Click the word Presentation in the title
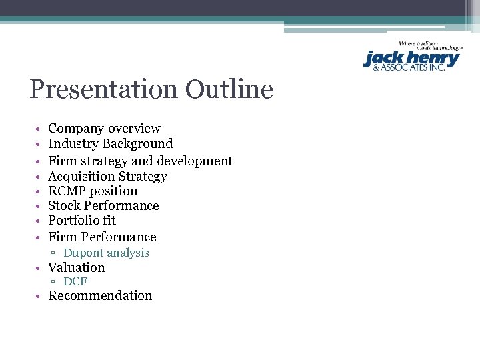[x=104, y=89]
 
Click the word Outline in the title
[x=229, y=89]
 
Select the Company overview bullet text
[x=104, y=128]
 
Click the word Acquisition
[x=81, y=176]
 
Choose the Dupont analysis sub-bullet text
[x=106, y=253]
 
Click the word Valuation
[x=76, y=267]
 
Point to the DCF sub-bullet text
[x=75, y=281]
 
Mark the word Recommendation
[x=100, y=295]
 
